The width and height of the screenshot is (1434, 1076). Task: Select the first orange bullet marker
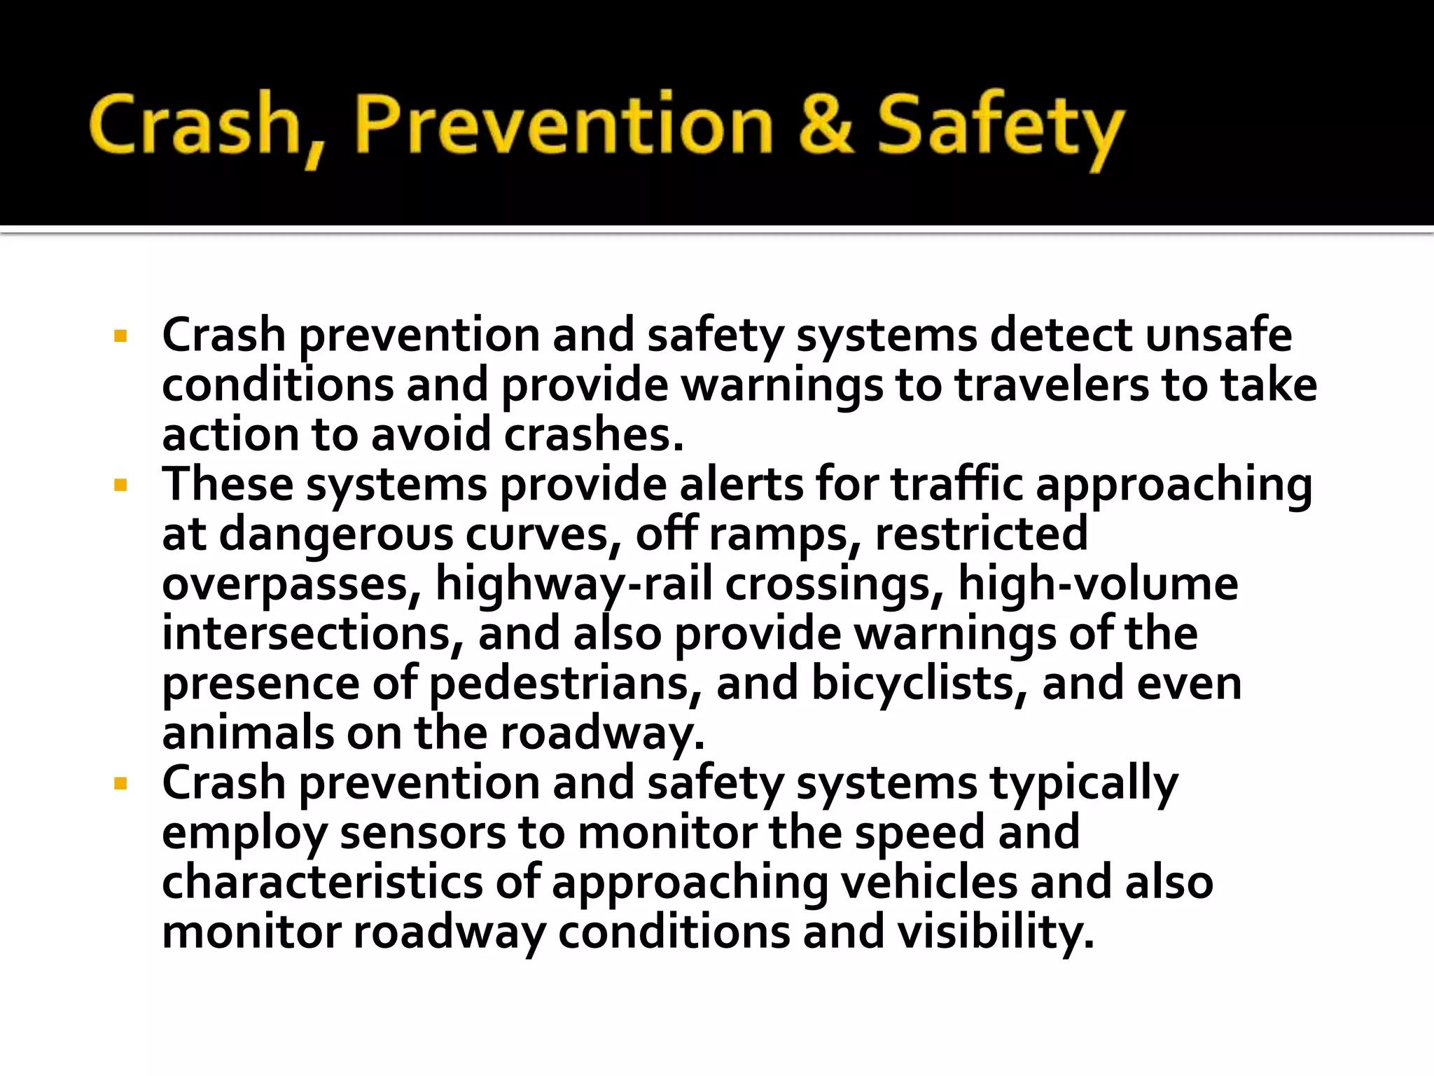pyautogui.click(x=120, y=336)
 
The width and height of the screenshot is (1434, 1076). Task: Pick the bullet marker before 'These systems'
pyautogui.click(x=120, y=485)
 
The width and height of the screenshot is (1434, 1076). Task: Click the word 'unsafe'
pyautogui.click(x=1218, y=335)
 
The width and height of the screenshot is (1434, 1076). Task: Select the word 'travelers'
pyautogui.click(x=1052, y=385)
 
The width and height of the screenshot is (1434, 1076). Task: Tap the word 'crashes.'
pyautogui.click(x=594, y=435)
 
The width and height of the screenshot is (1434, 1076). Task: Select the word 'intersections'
pyautogui.click(x=312, y=634)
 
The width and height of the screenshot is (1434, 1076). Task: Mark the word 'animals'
pyautogui.click(x=248, y=733)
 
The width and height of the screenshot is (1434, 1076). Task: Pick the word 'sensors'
pyautogui.click(x=423, y=833)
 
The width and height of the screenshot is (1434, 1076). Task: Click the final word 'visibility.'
pyautogui.click(x=995, y=932)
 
